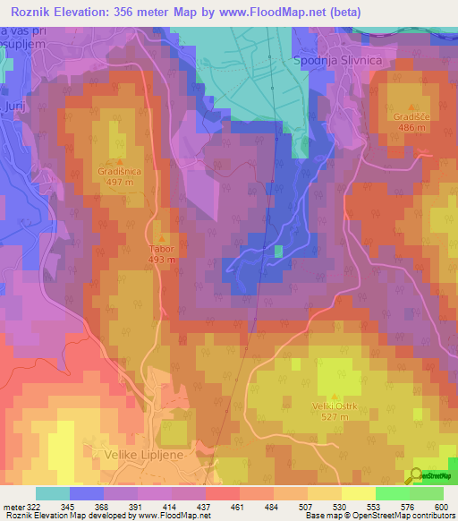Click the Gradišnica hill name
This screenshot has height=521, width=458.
pyautogui.click(x=118, y=169)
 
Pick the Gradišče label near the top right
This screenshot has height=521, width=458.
pyautogui.click(x=399, y=117)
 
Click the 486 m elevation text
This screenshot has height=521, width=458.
pyautogui.click(x=399, y=128)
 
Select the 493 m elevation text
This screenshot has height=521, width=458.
pyautogui.click(x=161, y=261)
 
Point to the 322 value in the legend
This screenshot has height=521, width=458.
pyautogui.click(x=35, y=506)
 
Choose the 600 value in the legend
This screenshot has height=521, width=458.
pyautogui.click(x=437, y=506)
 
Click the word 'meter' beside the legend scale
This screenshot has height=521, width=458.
pyautogui.click(x=13, y=506)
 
